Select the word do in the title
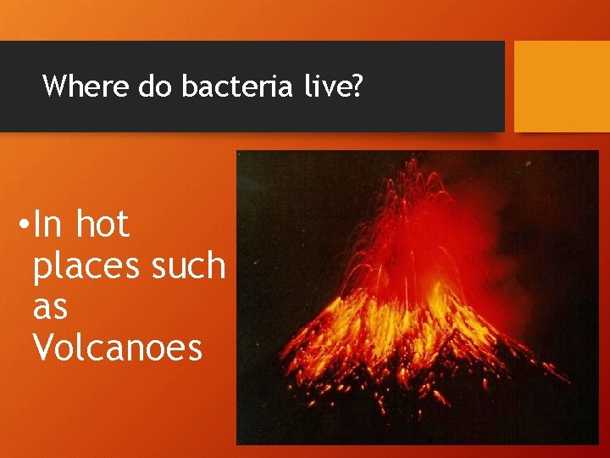155,86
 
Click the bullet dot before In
24,226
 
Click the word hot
102,225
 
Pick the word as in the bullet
50,308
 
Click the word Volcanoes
117,347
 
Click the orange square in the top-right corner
562,87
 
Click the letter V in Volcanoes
42,347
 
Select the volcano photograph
418,298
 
